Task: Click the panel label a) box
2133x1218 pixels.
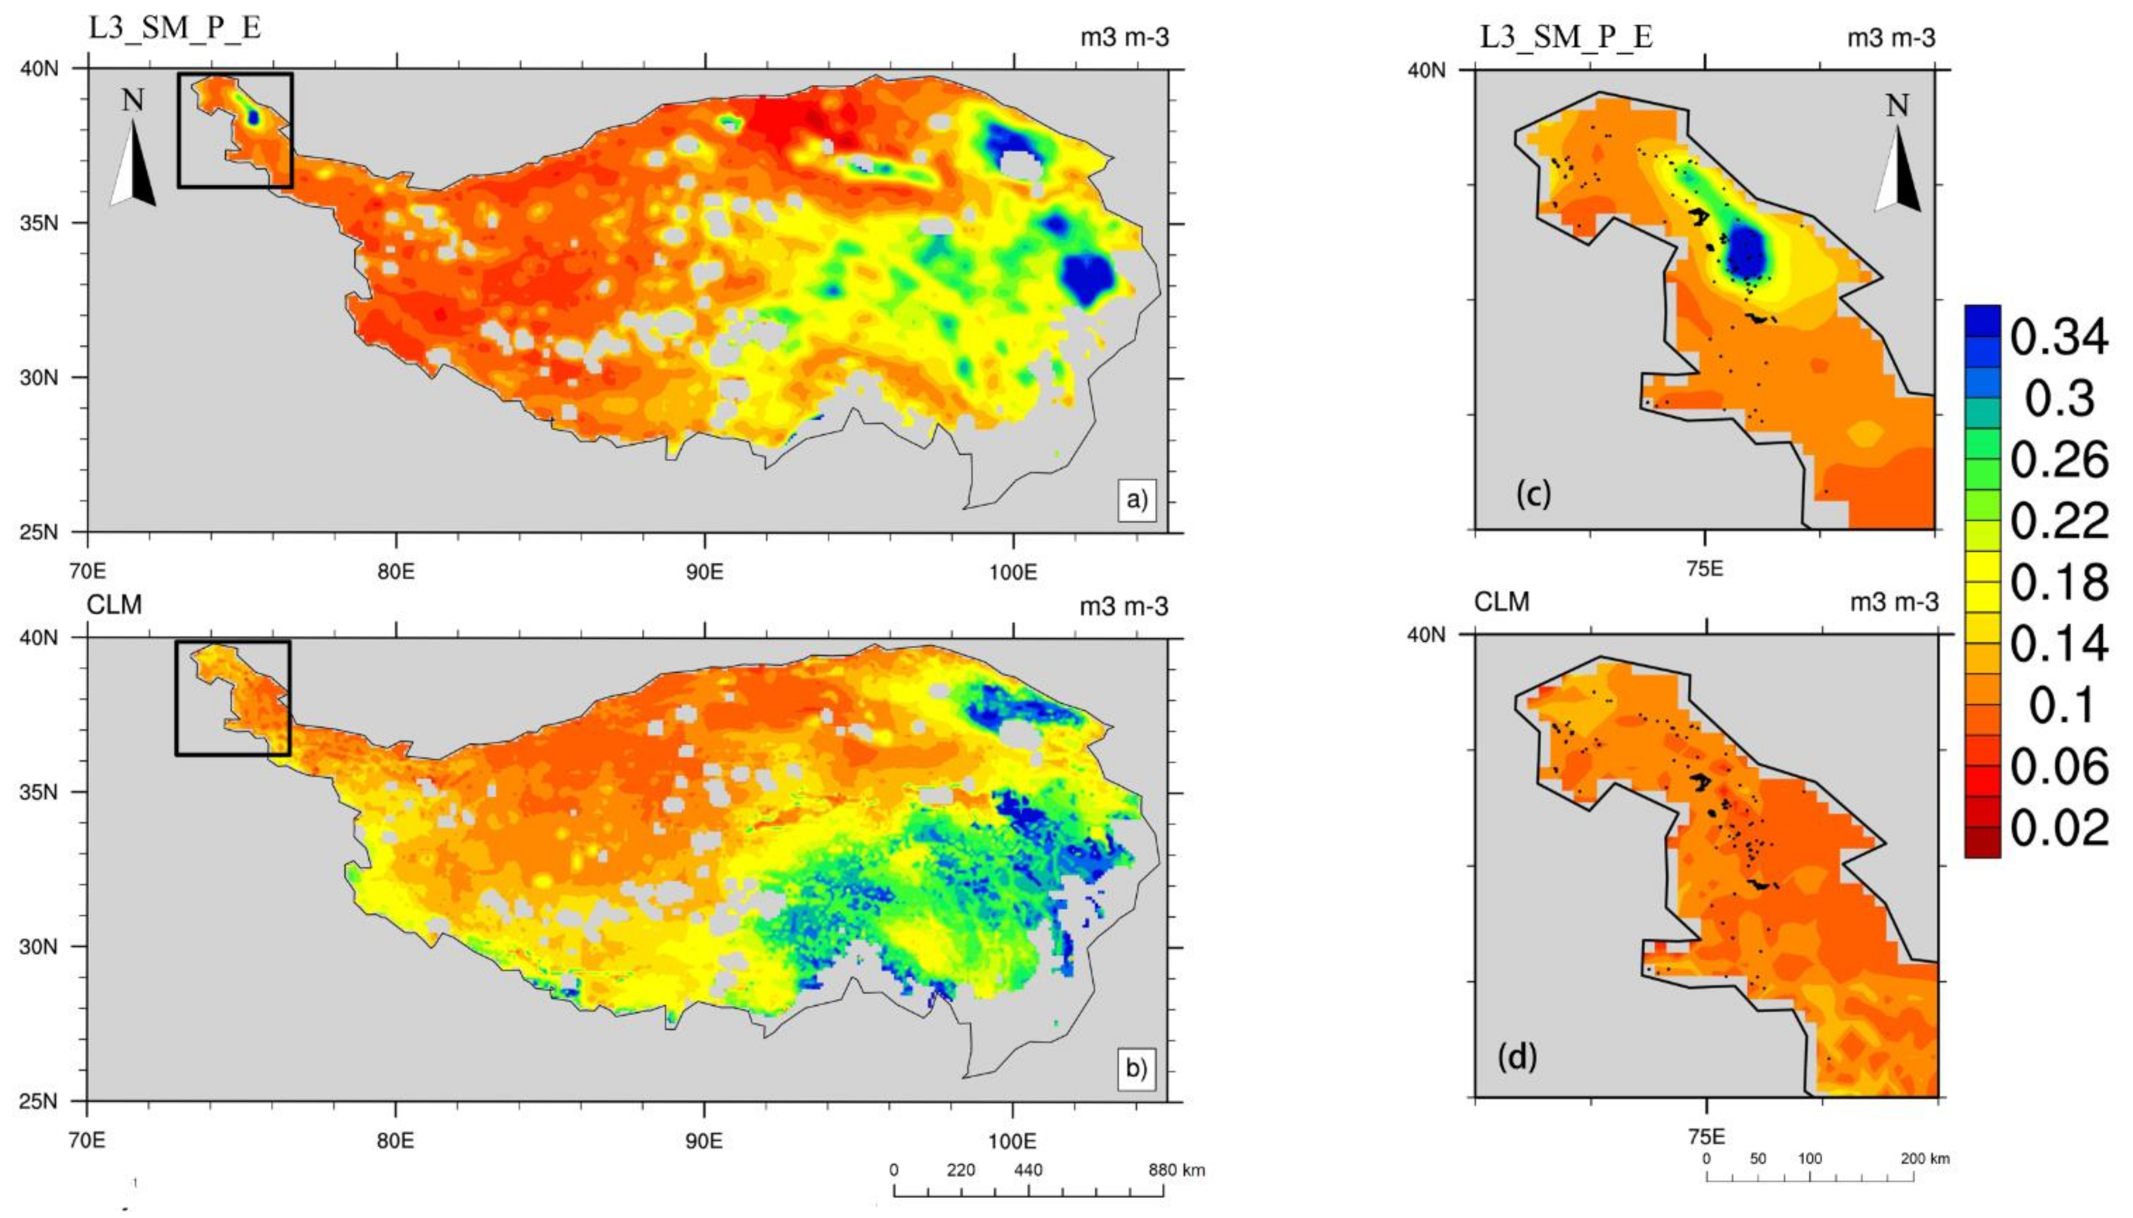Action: point(1136,500)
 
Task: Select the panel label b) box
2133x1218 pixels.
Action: point(1136,1069)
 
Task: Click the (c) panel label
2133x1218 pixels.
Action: point(1533,494)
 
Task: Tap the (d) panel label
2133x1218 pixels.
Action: point(1517,1057)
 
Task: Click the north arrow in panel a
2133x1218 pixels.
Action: point(133,151)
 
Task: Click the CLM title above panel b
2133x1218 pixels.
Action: point(115,604)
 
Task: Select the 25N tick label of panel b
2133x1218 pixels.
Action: point(40,1101)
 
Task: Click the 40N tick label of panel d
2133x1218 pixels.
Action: point(1426,635)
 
